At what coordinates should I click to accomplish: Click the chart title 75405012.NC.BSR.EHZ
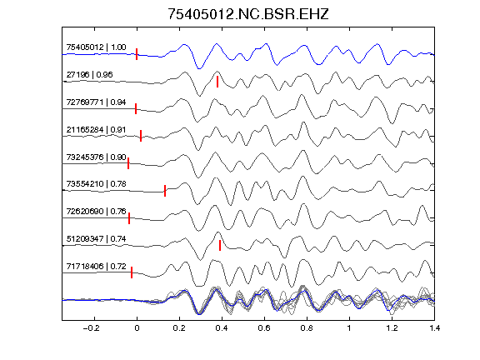coord(248,14)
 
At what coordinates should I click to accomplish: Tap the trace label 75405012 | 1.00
coord(96,47)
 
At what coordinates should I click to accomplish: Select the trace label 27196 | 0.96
coord(89,74)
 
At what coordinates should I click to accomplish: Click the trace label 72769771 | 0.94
coord(96,102)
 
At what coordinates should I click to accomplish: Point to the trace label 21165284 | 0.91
coord(96,129)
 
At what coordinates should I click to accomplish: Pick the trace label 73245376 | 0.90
coord(96,157)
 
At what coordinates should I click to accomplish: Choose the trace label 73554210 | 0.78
coord(96,183)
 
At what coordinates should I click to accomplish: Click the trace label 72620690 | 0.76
coord(96,211)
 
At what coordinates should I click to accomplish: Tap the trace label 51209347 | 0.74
coord(96,239)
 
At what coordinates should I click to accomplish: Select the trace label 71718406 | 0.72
coord(96,267)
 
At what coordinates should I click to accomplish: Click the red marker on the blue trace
coord(137,54)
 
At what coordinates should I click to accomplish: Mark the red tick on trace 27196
coord(217,82)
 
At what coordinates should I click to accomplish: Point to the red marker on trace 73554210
coord(165,191)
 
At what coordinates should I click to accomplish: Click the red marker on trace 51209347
coord(220,245)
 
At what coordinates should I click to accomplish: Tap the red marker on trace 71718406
coord(132,272)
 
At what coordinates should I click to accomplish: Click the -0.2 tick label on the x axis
coord(92,328)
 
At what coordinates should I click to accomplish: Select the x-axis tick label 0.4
coord(222,328)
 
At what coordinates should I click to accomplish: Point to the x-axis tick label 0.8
coord(307,328)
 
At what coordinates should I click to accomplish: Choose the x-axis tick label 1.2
coord(392,328)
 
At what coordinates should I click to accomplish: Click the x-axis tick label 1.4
coord(434,328)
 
